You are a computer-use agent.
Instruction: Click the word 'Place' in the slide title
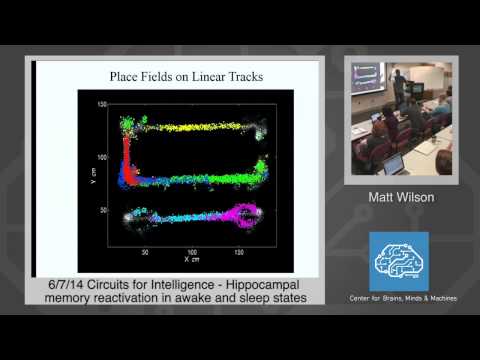coord(131,77)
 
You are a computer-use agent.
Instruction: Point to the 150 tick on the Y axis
coord(102,105)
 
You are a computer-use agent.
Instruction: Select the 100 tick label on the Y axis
coord(102,158)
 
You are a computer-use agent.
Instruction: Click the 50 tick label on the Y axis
coord(103,212)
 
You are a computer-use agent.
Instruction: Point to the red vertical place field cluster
coord(128,160)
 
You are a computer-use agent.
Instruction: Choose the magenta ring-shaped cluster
coord(245,212)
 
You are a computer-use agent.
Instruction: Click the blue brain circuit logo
coord(398,261)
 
